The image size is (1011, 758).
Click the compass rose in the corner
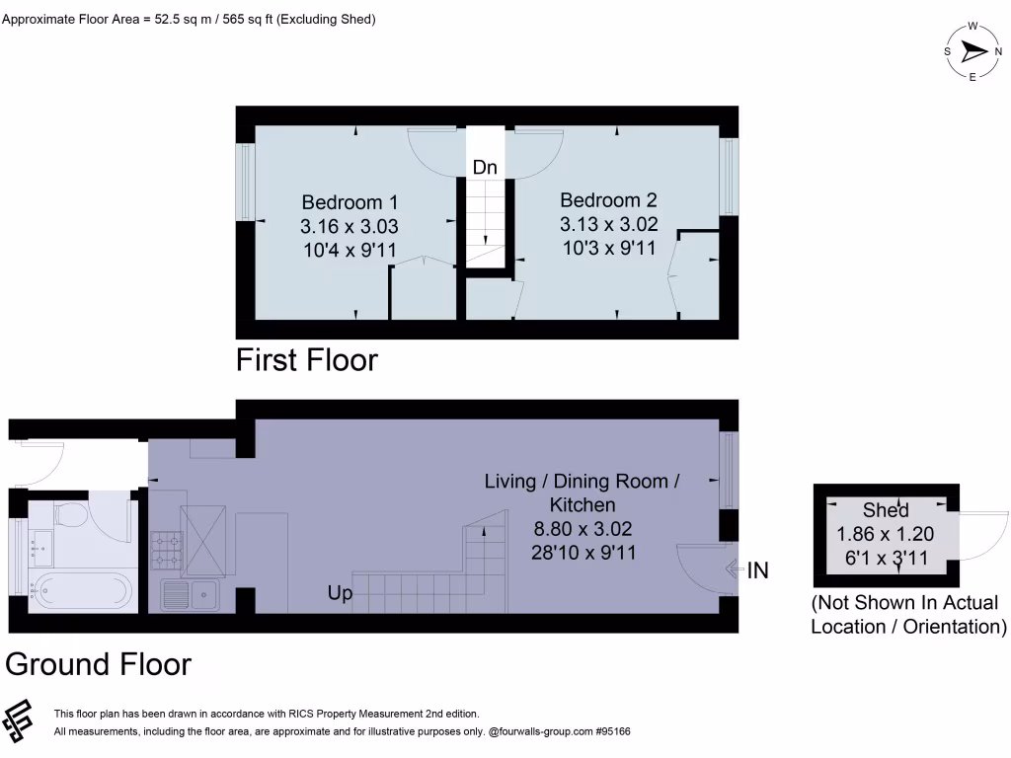click(x=972, y=51)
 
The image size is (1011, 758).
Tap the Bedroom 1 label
click(x=350, y=201)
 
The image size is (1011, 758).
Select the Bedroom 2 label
click(x=608, y=199)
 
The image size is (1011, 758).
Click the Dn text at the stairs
click(x=485, y=168)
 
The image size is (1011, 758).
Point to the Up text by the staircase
click(x=340, y=594)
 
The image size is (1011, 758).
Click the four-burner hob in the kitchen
click(x=165, y=551)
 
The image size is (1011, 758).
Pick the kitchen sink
click(x=191, y=594)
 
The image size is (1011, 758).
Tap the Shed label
click(x=886, y=510)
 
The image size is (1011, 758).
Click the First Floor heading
click(x=306, y=360)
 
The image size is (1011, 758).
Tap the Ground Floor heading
click(x=99, y=664)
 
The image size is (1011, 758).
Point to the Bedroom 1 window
click(x=245, y=183)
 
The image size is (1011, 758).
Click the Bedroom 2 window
click(x=729, y=176)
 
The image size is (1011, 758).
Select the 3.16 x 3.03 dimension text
click(x=350, y=226)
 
